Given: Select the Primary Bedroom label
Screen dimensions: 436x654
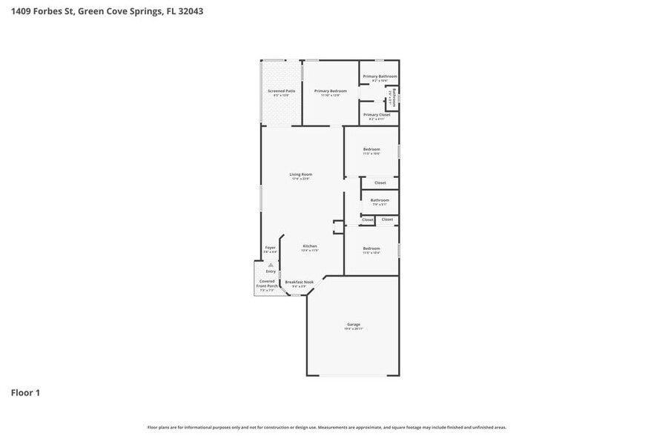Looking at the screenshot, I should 330,90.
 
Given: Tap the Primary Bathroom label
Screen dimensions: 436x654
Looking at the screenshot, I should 380,76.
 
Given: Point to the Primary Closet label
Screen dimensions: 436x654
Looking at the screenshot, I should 377,115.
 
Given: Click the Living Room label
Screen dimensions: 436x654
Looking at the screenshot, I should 300,174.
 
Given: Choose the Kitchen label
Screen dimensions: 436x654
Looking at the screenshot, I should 310,246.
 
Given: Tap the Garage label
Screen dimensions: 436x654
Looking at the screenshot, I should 354,324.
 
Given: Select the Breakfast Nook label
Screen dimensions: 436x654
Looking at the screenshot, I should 299,282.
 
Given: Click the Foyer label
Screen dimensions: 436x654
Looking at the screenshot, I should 271,248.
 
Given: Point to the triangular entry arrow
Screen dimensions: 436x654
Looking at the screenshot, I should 271,264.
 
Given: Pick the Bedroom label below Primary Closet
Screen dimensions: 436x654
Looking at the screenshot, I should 371,149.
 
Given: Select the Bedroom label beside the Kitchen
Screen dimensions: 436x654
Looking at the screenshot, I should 371,248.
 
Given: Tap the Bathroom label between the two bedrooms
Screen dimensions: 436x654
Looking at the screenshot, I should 380,199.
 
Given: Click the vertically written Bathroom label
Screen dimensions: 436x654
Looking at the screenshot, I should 394,99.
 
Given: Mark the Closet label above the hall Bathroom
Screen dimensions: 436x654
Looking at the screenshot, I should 380,182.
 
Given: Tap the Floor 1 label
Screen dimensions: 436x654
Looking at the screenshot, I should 25,392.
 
